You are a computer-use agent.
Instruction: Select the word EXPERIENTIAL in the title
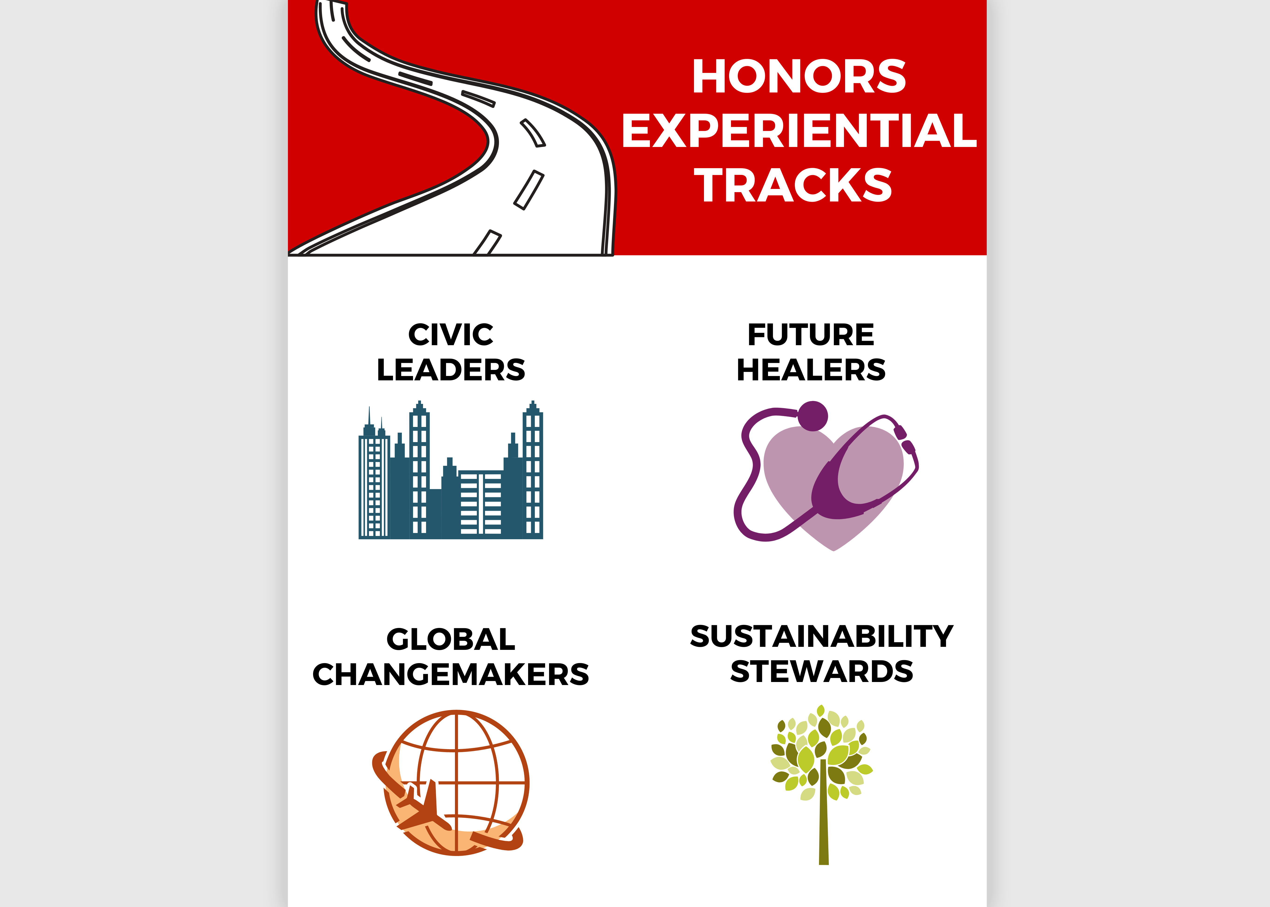tap(799, 131)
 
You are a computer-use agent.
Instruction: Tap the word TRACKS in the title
tap(793, 185)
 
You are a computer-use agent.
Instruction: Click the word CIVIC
tap(451, 334)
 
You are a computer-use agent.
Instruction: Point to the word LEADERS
tap(451, 370)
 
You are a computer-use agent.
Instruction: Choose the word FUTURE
tap(811, 334)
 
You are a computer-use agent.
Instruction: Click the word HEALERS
tap(811, 370)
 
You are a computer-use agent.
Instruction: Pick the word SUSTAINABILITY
tap(822, 636)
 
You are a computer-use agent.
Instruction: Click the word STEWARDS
tap(822, 671)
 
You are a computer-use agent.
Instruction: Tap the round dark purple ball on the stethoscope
tap(813, 416)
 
